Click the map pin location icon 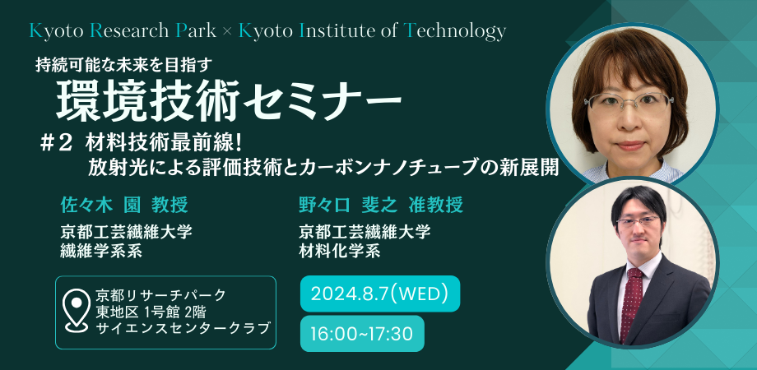click(77, 311)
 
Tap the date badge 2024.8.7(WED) click(379, 294)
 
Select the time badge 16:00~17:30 click(362, 333)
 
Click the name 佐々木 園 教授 click(124, 206)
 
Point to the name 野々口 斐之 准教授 click(381, 206)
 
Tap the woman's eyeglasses click(629, 102)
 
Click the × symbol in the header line click(227, 32)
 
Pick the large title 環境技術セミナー click(229, 100)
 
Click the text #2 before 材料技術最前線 click(56, 143)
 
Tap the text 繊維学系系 click(101, 251)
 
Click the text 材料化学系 click(339, 251)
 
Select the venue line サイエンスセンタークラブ click(183, 328)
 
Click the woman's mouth click(630, 146)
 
